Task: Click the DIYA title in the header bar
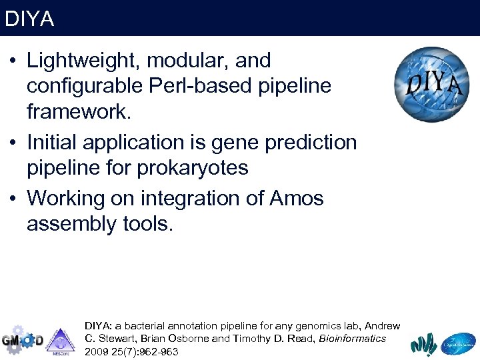[x=29, y=19]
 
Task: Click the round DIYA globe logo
[x=431, y=84]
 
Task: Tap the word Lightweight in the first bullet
[x=83, y=61]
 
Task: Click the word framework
[x=79, y=113]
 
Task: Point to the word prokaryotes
[x=193, y=168]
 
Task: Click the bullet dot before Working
[x=13, y=199]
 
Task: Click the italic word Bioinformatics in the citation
[x=352, y=339]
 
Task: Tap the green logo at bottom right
[x=423, y=343]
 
